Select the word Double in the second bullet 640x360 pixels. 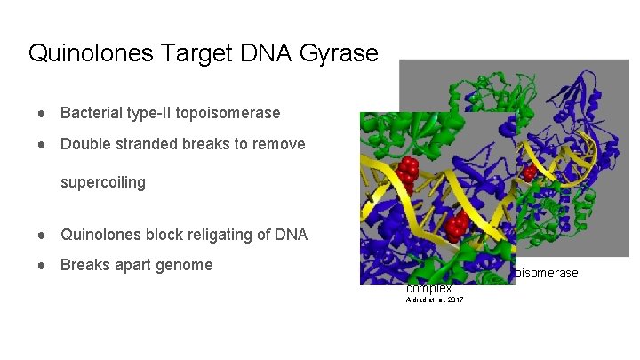pyautogui.click(x=84, y=144)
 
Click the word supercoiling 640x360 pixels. pyautogui.click(x=102, y=183)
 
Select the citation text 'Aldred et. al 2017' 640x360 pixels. pyautogui.click(x=434, y=300)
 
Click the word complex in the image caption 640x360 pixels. pyautogui.click(x=429, y=289)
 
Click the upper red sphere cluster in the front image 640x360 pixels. pyautogui.click(x=408, y=169)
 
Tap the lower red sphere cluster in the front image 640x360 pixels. pyautogui.click(x=458, y=226)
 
